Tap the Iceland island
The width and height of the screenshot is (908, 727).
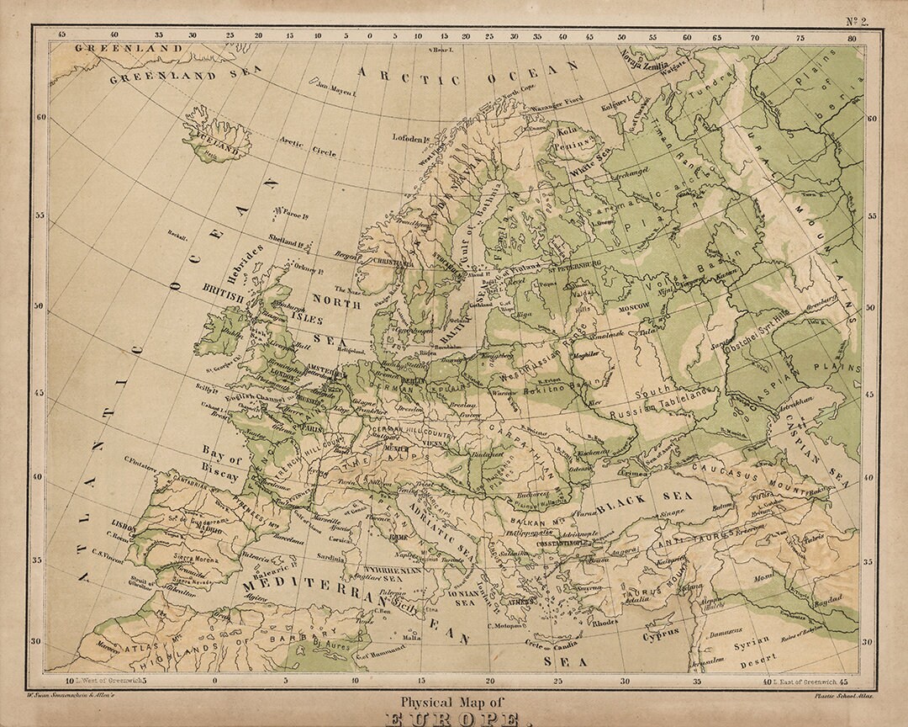point(216,139)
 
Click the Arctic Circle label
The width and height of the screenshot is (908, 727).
point(308,147)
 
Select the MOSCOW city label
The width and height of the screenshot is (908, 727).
point(635,308)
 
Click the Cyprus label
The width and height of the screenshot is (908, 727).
point(662,637)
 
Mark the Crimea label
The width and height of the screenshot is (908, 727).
point(636,474)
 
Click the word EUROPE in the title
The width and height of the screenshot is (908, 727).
point(454,720)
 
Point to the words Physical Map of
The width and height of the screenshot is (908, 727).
point(454,703)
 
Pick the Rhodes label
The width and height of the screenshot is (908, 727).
point(604,623)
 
